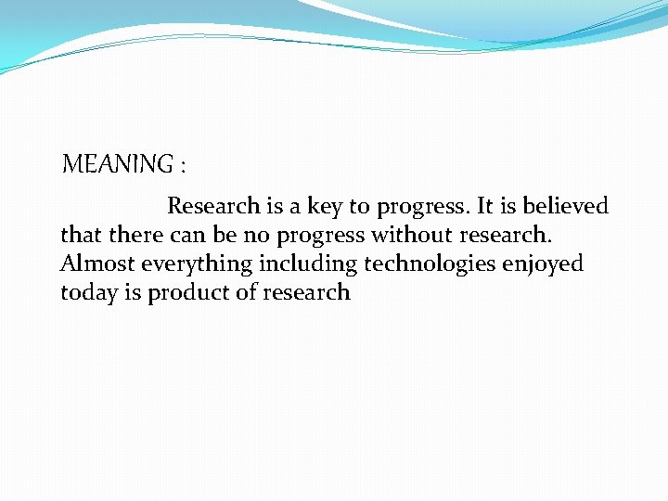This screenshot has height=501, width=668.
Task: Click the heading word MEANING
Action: click(117, 165)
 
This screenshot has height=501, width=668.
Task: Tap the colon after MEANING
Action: click(183, 167)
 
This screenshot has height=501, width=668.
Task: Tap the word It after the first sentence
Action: click(487, 206)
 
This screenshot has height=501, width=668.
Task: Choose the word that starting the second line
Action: click(81, 235)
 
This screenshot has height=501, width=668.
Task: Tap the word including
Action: click(307, 265)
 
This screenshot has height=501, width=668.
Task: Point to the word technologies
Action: click(430, 265)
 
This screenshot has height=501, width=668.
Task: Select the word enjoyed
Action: click(543, 265)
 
